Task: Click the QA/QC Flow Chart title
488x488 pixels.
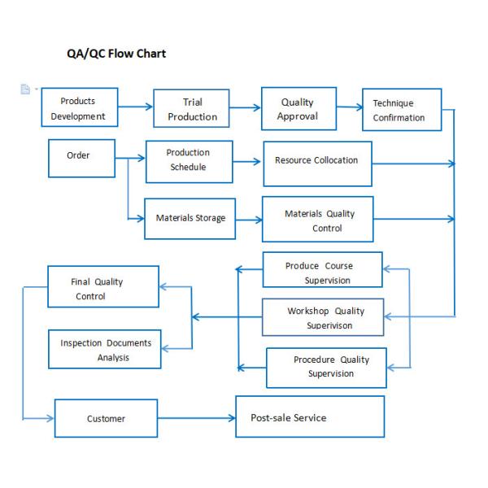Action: click(116, 54)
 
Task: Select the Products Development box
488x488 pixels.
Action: click(79, 108)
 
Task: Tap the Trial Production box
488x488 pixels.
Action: click(192, 109)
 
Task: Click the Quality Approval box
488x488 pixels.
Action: click(298, 109)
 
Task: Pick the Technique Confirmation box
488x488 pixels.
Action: click(401, 110)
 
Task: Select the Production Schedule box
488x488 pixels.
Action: click(189, 161)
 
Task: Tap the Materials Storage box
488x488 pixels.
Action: click(190, 218)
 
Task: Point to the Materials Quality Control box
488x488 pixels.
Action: click(317, 219)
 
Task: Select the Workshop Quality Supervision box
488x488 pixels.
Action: click(322, 317)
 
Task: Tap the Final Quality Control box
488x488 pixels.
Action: click(103, 286)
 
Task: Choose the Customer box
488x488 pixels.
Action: click(106, 418)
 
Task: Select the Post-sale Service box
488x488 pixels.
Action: click(310, 416)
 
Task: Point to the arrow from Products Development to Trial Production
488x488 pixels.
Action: click(136, 107)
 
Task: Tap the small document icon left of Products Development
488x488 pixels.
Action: click(25, 89)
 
